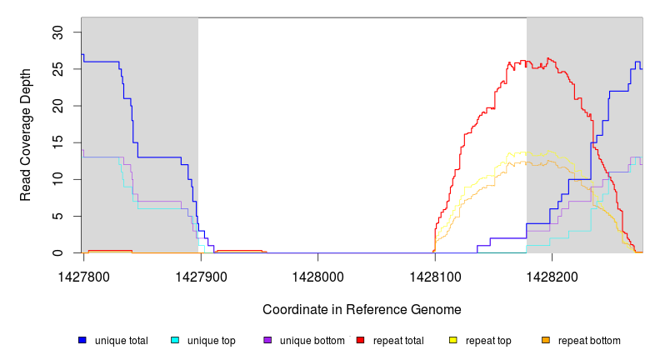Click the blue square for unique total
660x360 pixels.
[x=82, y=340]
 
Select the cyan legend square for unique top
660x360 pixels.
[x=175, y=340]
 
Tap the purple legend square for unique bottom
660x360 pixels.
[x=267, y=340]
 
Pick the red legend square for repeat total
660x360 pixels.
[x=360, y=340]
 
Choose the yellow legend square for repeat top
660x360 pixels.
[x=452, y=340]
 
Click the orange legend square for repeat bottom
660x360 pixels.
[x=545, y=340]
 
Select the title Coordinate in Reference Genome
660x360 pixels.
[x=362, y=309]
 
